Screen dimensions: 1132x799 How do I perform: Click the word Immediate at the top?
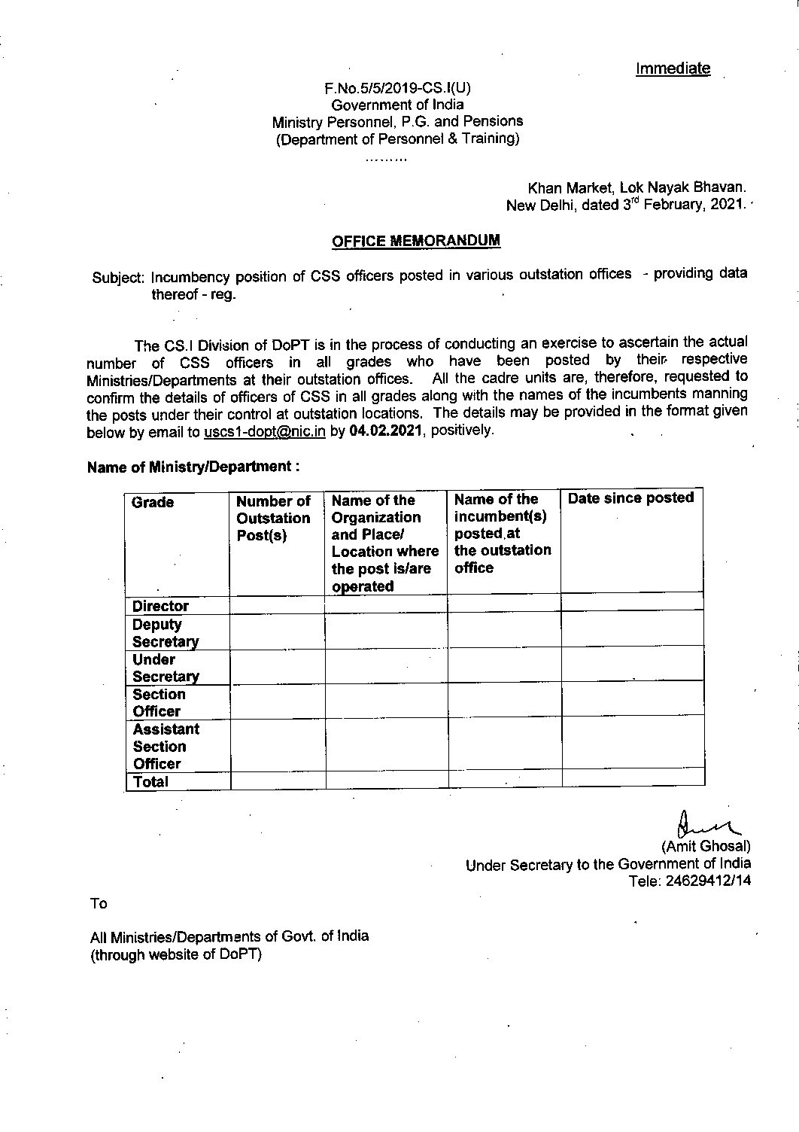coord(673,68)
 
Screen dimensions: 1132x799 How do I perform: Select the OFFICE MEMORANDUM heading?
coord(416,241)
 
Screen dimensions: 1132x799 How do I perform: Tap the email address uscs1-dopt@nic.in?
coord(264,432)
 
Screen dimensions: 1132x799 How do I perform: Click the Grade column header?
coord(153,502)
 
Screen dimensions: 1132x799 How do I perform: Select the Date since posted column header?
coord(630,498)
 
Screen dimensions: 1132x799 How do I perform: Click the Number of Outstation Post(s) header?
coord(273,518)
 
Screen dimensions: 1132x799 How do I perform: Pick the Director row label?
coord(160,606)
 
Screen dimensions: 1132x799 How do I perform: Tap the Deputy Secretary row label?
coord(165,633)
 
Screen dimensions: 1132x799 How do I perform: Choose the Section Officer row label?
coord(158,702)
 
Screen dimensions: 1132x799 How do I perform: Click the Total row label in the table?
coord(150,781)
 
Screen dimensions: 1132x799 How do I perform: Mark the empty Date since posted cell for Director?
coord(631,602)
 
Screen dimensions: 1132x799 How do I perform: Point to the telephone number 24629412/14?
coord(708,880)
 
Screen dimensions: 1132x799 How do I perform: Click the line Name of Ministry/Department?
coord(193,467)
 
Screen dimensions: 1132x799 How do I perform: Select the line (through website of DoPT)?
coord(175,954)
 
